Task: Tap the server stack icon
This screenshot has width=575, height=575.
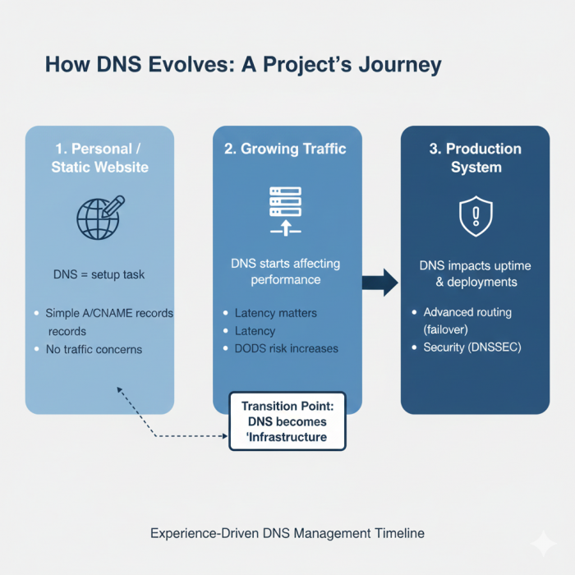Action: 286,210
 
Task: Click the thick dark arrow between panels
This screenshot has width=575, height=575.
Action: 380,283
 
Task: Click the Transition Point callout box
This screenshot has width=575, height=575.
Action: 287,421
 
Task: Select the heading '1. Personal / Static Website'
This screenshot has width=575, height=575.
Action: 99,158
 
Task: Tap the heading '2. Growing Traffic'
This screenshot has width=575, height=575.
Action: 286,149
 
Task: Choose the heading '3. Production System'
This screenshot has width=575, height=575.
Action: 476,158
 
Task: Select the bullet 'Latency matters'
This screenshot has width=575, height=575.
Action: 275,313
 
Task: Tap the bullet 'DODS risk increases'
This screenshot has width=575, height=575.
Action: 286,348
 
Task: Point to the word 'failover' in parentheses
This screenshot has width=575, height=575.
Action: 448,329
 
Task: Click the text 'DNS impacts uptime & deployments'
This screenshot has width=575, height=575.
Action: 475,274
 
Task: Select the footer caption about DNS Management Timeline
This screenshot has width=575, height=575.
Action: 287,533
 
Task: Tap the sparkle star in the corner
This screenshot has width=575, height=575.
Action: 542,543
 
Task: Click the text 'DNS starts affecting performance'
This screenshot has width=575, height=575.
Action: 286,272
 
